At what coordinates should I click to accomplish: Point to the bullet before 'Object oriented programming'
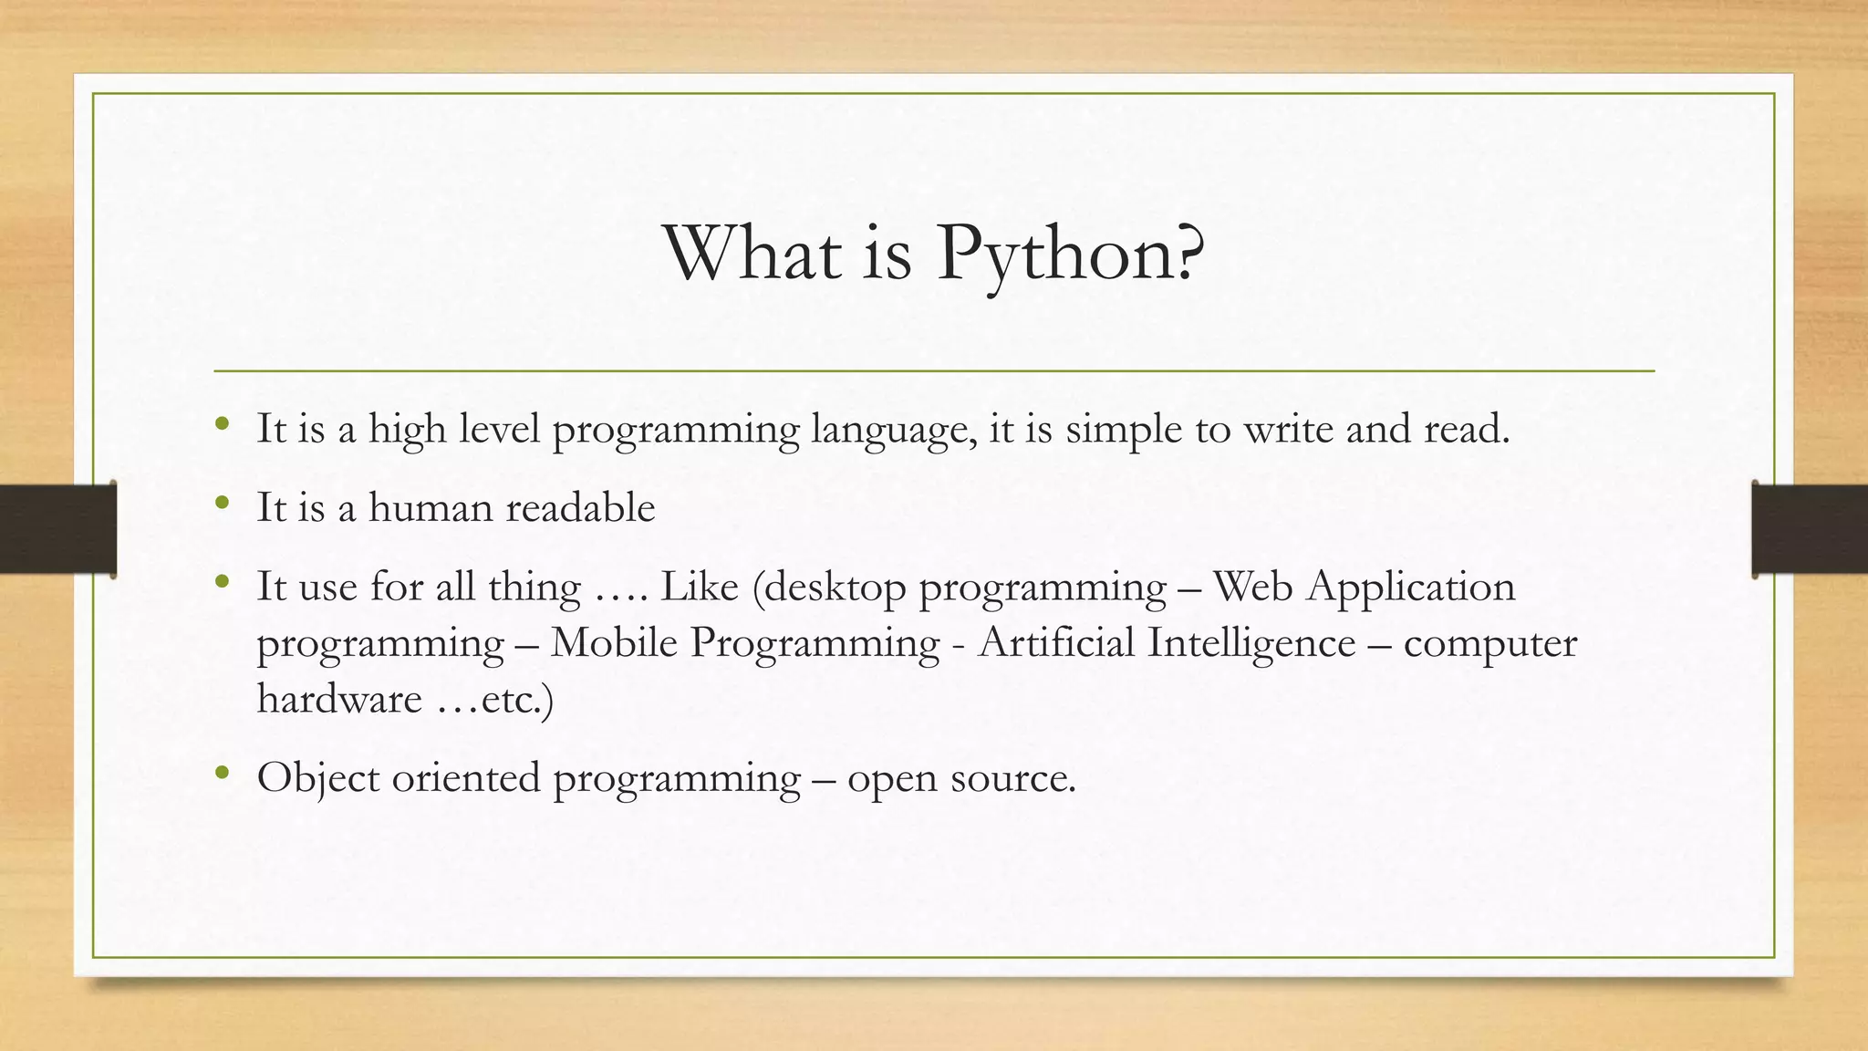(222, 774)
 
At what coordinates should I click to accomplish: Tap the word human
(431, 507)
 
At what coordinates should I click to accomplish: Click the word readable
(580, 507)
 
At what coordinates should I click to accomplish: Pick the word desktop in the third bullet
(835, 588)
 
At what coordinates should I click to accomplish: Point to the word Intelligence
(1251, 644)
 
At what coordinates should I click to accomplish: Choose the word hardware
(339, 699)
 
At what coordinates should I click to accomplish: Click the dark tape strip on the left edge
(57, 529)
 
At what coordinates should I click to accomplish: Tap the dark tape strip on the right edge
(1810, 529)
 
